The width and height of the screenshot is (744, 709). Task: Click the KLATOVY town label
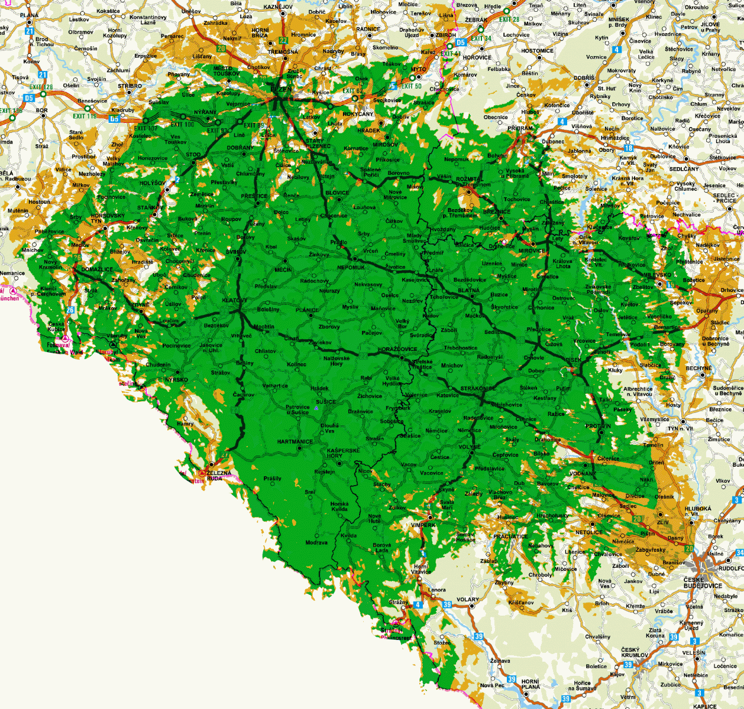(234, 301)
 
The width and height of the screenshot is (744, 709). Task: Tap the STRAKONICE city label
(478, 389)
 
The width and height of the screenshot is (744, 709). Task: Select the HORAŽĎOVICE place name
(397, 349)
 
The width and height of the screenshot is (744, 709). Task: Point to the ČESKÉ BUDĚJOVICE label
(703, 583)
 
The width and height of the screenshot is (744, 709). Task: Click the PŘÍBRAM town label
(520, 128)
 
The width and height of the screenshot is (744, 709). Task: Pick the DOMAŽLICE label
(97, 269)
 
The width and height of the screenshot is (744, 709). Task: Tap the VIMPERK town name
(423, 525)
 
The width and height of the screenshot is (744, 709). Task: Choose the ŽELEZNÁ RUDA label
(219, 476)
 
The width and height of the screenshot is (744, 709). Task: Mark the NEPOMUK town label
(351, 268)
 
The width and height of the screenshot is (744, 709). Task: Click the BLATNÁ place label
(468, 291)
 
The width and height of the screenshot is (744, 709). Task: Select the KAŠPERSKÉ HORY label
(343, 453)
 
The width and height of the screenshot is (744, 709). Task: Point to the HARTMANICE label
(295, 442)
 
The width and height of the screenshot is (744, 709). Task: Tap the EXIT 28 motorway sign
(509, 19)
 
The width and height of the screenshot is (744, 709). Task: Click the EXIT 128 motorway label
(41, 87)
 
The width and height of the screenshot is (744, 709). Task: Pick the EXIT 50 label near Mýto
(411, 86)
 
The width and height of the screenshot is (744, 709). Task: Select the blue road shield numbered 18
(628, 148)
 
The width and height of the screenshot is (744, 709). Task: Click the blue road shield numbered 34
(739, 553)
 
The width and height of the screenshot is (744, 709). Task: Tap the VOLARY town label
(467, 600)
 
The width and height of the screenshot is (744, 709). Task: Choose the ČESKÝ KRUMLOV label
(635, 652)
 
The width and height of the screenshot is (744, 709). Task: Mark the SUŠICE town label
(325, 402)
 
